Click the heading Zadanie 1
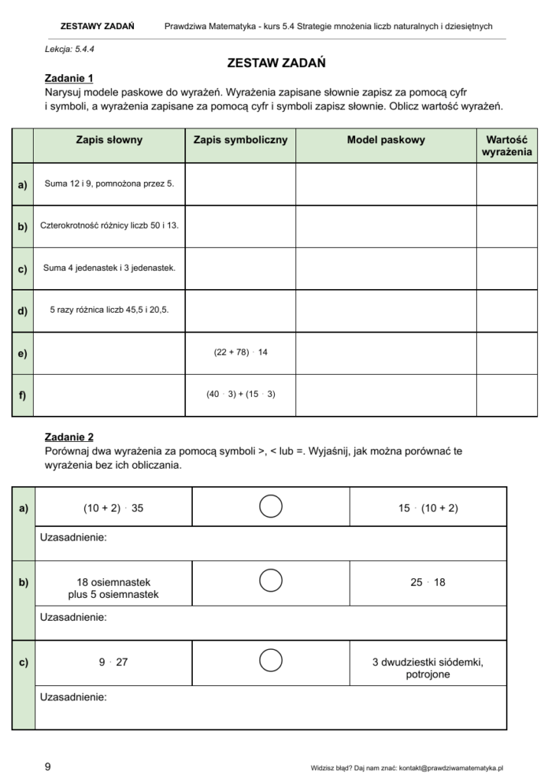69,78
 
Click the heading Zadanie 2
69,437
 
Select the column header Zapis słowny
109,141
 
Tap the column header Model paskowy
386,141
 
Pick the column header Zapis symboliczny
240,141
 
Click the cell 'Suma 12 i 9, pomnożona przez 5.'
109,184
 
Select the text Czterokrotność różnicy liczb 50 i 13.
109,226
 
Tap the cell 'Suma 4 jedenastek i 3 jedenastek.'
109,268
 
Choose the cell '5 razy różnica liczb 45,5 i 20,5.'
109,310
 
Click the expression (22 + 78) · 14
240,353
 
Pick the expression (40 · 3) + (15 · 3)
240,395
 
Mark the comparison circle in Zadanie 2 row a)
271,506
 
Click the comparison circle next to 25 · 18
271,582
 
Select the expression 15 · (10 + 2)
428,507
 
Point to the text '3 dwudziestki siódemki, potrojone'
428,668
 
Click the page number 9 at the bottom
47,767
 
